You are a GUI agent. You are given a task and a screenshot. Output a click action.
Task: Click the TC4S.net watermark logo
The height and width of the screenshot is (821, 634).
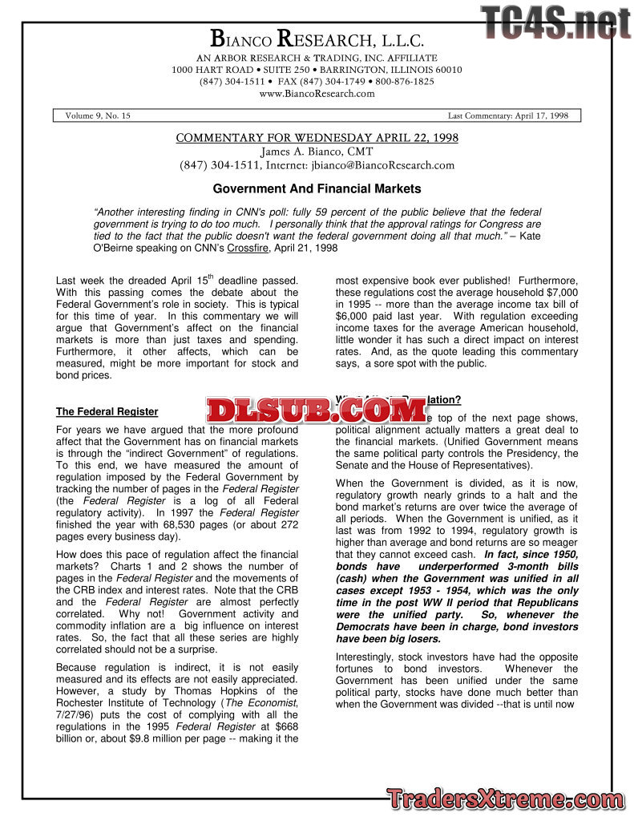tap(556, 22)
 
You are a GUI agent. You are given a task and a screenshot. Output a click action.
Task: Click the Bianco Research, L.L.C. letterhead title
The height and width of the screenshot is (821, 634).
tap(317, 38)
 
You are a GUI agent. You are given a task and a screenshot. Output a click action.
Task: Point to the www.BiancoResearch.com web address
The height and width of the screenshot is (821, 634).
tap(317, 94)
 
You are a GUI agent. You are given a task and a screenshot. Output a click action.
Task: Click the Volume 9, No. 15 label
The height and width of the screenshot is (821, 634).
tap(98, 115)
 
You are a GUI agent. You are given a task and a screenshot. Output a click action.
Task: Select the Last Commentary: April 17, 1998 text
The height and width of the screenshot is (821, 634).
tap(507, 115)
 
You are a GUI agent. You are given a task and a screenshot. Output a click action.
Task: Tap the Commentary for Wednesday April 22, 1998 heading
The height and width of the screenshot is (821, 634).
tap(317, 138)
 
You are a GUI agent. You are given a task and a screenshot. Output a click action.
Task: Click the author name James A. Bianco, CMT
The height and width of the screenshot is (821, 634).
tap(317, 152)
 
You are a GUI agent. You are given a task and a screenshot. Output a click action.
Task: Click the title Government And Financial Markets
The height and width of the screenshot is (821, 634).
tap(317, 189)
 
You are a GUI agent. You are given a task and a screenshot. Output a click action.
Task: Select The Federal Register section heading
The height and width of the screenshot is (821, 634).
tap(107, 412)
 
